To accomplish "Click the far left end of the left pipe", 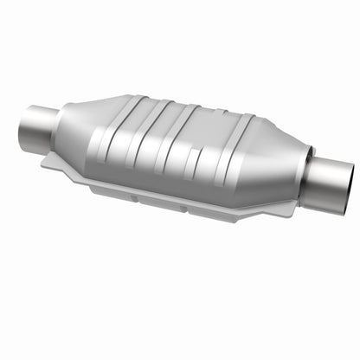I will point(22,126).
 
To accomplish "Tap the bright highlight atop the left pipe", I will point(38,112).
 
